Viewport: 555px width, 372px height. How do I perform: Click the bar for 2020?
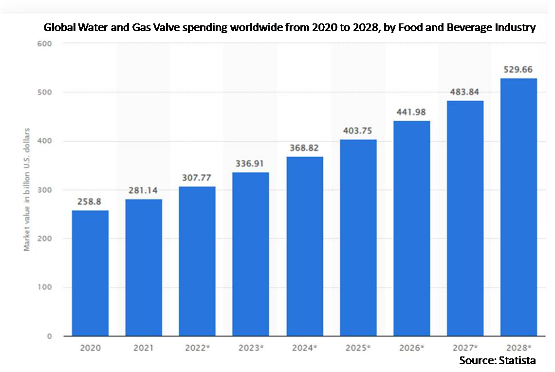[90, 273]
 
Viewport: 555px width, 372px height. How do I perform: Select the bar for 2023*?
[251, 254]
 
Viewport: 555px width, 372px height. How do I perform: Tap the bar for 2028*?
[518, 207]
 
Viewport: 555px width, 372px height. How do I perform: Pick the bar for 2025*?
[358, 238]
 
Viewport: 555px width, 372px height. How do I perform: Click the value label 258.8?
[89, 202]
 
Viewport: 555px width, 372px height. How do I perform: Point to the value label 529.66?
[518, 69]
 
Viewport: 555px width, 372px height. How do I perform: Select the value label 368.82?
[304, 148]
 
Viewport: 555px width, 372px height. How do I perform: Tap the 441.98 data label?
[411, 112]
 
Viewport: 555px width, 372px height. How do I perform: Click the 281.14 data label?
[143, 190]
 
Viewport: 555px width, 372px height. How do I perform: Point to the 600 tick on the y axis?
[45, 43]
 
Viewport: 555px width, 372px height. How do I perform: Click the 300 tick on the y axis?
[45, 190]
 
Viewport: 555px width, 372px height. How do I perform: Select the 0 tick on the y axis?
[50, 336]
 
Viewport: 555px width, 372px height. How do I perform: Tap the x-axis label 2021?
[143, 348]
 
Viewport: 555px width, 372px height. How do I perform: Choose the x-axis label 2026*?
[412, 348]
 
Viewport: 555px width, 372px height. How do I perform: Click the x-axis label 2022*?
[198, 348]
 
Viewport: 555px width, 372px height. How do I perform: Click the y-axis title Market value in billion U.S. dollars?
[27, 190]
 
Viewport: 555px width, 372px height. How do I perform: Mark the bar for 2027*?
[465, 219]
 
